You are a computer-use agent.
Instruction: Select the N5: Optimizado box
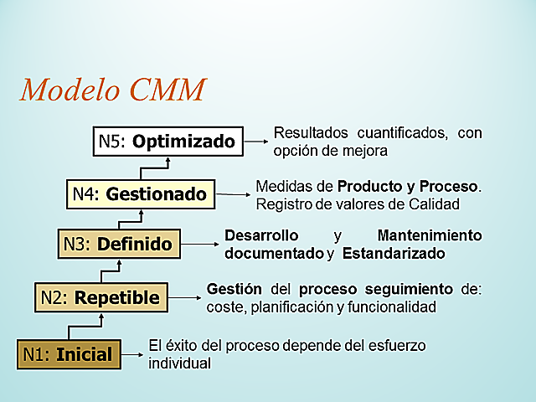point(167,142)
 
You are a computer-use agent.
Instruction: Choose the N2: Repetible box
point(100,296)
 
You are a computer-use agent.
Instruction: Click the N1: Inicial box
point(70,353)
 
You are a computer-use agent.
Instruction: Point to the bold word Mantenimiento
point(430,235)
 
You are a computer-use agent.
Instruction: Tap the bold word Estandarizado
point(393,253)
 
